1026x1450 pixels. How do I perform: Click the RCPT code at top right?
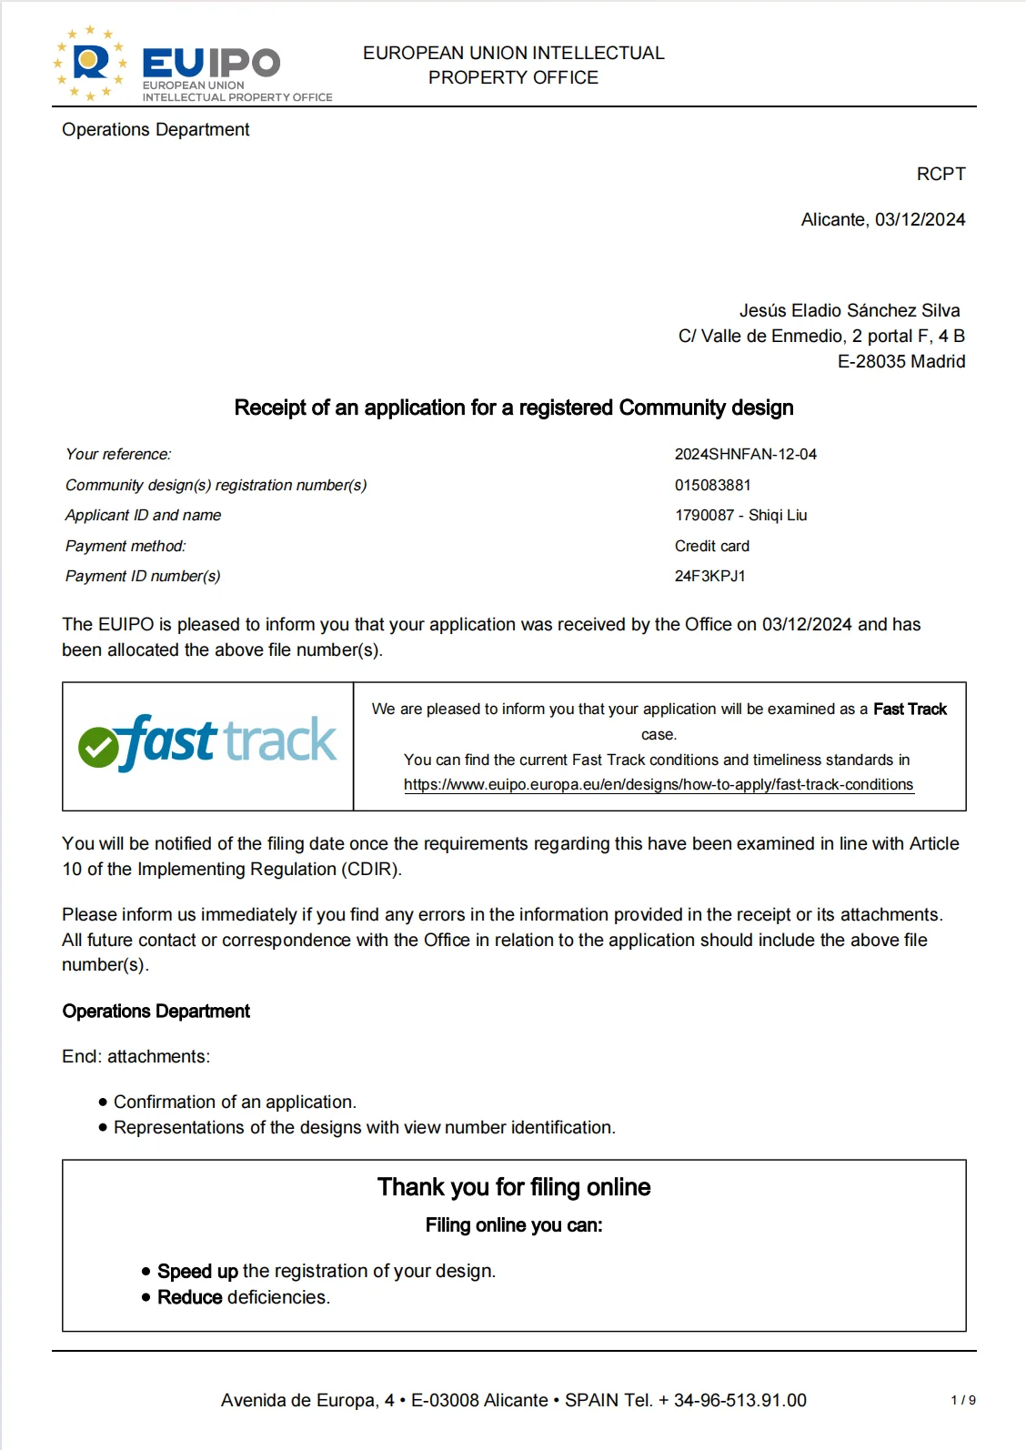click(940, 174)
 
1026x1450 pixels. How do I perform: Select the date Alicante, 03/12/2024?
click(882, 219)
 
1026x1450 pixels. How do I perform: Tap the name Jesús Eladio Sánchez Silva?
click(849, 310)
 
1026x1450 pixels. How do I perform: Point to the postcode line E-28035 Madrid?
click(900, 361)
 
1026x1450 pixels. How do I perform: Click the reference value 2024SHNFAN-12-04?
click(745, 454)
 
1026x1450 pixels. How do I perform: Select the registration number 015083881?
click(712, 485)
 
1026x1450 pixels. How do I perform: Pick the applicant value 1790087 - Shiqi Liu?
click(740, 515)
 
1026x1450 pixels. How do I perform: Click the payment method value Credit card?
click(711, 546)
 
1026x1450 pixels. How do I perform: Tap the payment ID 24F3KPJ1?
click(709, 576)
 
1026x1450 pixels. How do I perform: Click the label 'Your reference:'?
click(118, 454)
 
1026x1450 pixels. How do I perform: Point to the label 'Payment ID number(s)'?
click(143, 576)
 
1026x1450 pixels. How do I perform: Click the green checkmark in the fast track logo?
click(98, 748)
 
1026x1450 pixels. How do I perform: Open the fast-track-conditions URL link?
click(659, 784)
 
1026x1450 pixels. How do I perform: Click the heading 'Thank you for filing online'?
click(514, 1187)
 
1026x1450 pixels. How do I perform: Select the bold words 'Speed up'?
click(197, 1271)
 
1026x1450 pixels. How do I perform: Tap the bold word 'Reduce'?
click(190, 1297)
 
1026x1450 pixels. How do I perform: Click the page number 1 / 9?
click(962, 1400)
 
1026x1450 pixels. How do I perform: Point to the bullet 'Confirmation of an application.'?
click(235, 1102)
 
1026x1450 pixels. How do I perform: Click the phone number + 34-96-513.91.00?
click(732, 1400)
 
